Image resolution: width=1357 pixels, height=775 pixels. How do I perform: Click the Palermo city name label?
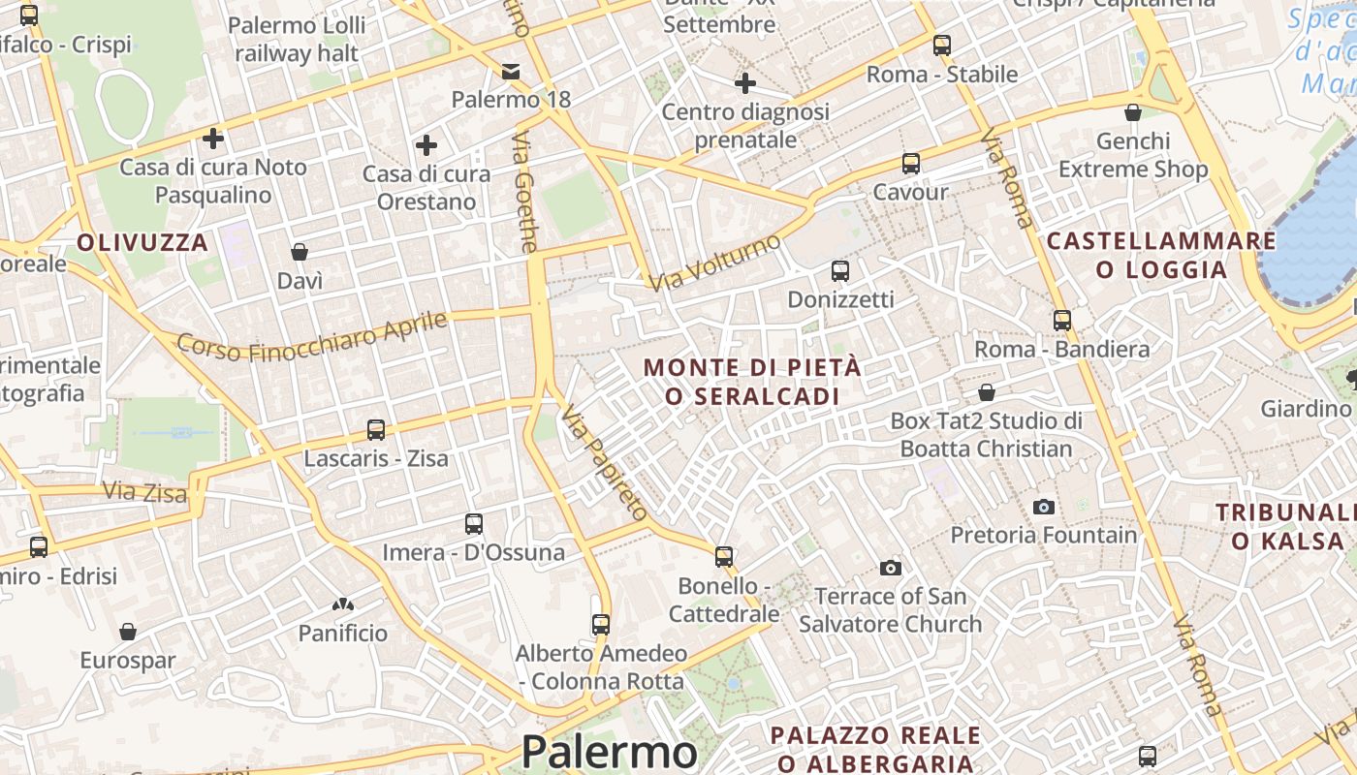pyautogui.click(x=609, y=752)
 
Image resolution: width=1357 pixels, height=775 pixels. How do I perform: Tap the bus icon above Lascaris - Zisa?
pyautogui.click(x=376, y=429)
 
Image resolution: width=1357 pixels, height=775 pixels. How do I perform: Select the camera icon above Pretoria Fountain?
pyautogui.click(x=1044, y=506)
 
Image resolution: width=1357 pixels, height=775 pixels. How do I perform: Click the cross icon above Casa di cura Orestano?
pyautogui.click(x=426, y=145)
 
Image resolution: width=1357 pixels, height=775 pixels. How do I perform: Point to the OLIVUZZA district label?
pyautogui.click(x=142, y=242)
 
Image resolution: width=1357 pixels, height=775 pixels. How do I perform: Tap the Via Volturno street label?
pyautogui.click(x=715, y=263)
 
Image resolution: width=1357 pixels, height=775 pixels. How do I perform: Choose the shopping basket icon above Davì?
pyautogui.click(x=300, y=252)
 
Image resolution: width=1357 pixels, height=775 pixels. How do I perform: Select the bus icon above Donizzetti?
pyautogui.click(x=840, y=271)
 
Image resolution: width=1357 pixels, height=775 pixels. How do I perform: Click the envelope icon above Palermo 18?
pyautogui.click(x=511, y=71)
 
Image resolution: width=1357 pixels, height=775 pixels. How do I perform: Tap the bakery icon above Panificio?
pyautogui.click(x=342, y=605)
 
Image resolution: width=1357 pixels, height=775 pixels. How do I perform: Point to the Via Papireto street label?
pyautogui.click(x=604, y=464)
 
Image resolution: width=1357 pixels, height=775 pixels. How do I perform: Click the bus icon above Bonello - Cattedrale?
pyautogui.click(x=724, y=556)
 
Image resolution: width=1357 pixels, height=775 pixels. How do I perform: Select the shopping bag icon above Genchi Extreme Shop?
pyautogui.click(x=1132, y=112)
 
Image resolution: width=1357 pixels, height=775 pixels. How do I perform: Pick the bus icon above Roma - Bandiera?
pyautogui.click(x=1062, y=320)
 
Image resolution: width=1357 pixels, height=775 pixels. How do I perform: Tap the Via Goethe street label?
pyautogui.click(x=524, y=194)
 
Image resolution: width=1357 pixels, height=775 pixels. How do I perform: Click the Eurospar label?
pyautogui.click(x=128, y=661)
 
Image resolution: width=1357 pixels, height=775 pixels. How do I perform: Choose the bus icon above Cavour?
pyautogui.click(x=910, y=163)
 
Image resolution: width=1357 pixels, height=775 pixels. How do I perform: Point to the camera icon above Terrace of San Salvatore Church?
pyautogui.click(x=891, y=567)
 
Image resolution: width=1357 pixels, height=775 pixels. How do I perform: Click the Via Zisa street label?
pyautogui.click(x=144, y=492)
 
